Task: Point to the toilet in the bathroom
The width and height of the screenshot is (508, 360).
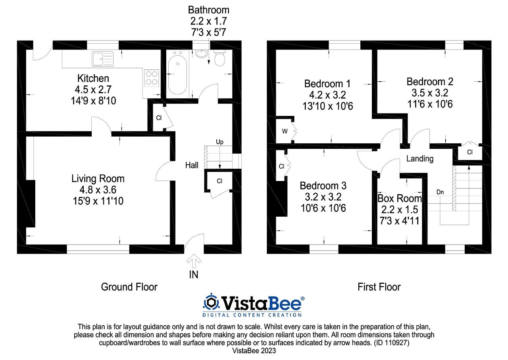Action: pyautogui.click(x=219, y=59)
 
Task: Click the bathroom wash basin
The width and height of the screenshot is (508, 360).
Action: pyautogui.click(x=202, y=54)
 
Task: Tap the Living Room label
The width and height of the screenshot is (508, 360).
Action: pyautogui.click(x=98, y=179)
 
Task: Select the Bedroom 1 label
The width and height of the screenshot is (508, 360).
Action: pyautogui.click(x=327, y=84)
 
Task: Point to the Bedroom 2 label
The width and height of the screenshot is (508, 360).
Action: pyautogui.click(x=430, y=82)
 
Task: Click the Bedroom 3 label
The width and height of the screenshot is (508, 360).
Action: pyautogui.click(x=323, y=185)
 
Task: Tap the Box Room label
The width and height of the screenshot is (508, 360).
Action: pyautogui.click(x=399, y=198)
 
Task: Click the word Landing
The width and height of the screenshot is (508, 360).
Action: pyautogui.click(x=420, y=159)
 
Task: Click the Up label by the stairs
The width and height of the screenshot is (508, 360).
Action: pyautogui.click(x=219, y=141)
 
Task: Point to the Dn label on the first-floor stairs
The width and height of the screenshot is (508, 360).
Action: pyautogui.click(x=440, y=192)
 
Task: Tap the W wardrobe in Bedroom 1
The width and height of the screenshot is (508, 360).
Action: pyautogui.click(x=285, y=131)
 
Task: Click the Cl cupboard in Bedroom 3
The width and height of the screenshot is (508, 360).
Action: pyautogui.click(x=281, y=166)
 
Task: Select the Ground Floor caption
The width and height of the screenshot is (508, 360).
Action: pyautogui.click(x=129, y=287)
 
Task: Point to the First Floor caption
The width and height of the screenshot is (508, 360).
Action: pyautogui.click(x=379, y=287)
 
